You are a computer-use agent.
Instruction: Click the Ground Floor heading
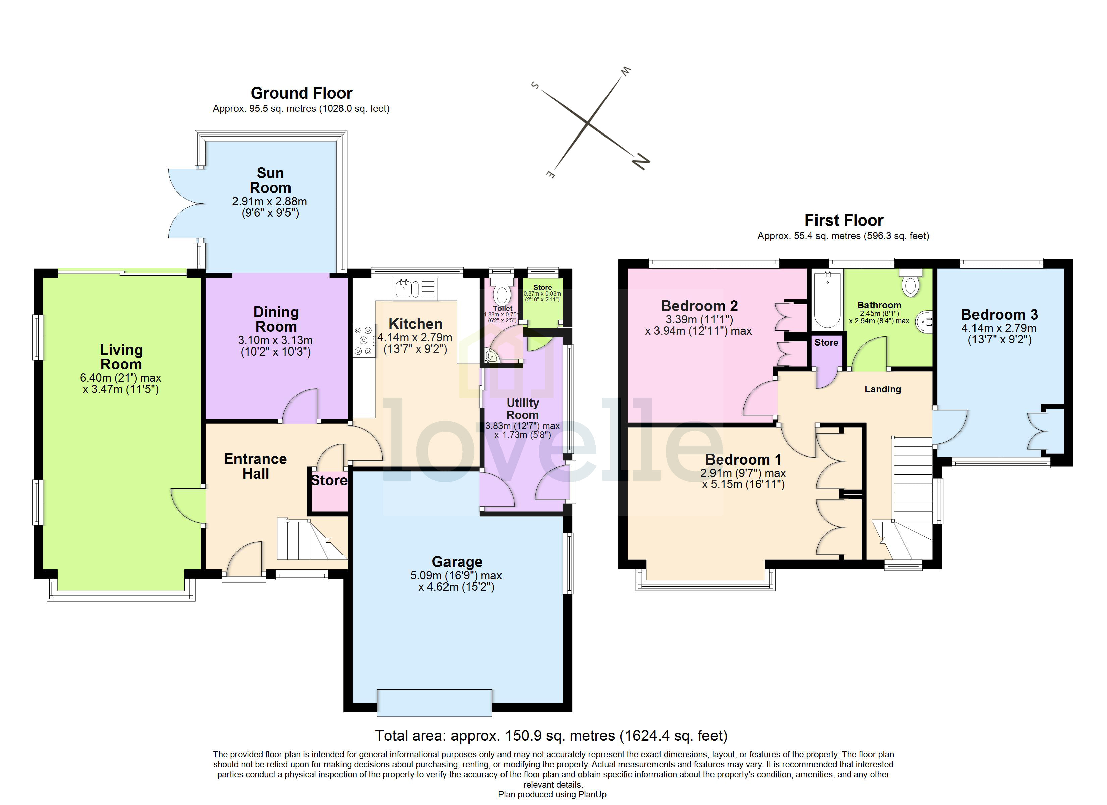301,93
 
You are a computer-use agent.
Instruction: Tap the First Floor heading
843,221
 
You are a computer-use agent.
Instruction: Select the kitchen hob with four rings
364,340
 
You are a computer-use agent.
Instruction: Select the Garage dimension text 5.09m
426,576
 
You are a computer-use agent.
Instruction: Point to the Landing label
883,389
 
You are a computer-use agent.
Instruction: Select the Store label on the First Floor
826,343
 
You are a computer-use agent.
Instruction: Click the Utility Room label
522,409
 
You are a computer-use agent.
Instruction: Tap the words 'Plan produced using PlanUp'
553,794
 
